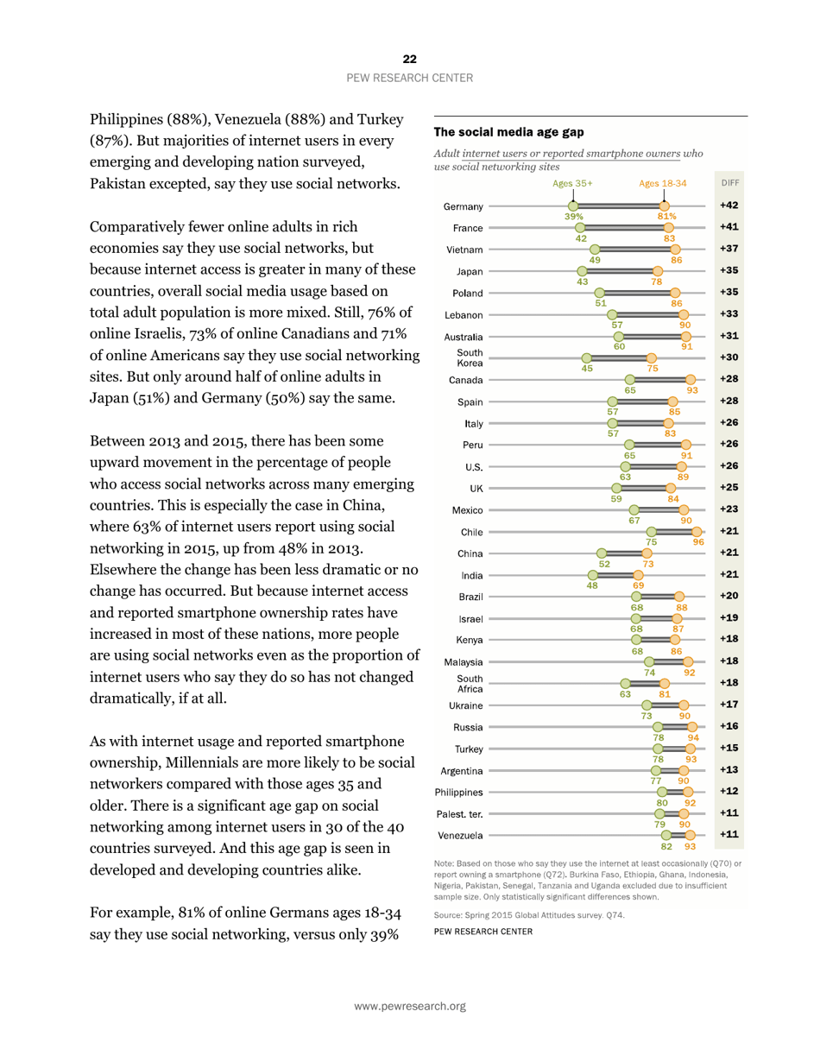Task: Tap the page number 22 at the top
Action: (x=409, y=59)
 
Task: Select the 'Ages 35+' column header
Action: (x=572, y=184)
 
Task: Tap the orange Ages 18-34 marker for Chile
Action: (x=697, y=531)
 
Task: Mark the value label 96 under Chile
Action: (x=698, y=542)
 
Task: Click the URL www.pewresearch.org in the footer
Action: (x=409, y=1006)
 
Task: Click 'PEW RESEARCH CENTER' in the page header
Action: (x=409, y=78)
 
